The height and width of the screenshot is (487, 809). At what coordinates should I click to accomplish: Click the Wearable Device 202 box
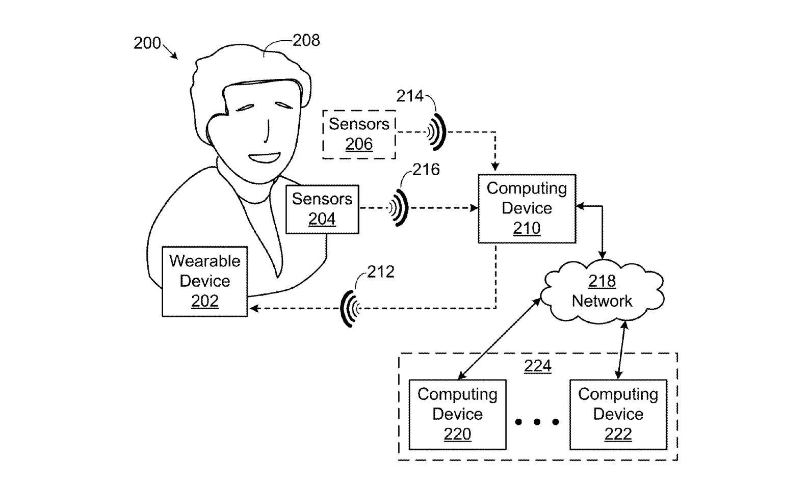tap(204, 281)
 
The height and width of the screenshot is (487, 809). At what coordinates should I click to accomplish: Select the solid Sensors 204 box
tap(322, 209)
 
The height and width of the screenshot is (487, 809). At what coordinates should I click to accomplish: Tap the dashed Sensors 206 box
tap(359, 134)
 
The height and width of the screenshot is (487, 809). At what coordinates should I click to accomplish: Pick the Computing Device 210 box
tap(527, 208)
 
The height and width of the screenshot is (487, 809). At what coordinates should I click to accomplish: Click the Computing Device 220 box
tap(457, 414)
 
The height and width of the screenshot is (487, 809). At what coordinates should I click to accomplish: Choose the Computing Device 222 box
tap(618, 414)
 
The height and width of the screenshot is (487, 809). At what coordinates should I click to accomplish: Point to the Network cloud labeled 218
tap(602, 291)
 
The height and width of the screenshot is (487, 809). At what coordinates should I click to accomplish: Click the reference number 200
tap(147, 43)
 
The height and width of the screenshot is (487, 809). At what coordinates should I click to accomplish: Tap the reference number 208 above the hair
tap(306, 40)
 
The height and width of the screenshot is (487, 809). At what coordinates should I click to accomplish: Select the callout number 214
tap(410, 96)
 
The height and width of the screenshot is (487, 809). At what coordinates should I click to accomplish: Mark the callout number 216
tap(426, 170)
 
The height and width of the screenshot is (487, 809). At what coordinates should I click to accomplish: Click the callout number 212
tap(381, 272)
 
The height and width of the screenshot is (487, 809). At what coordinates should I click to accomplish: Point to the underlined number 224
tap(538, 366)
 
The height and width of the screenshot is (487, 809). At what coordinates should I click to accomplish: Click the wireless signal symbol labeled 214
tap(436, 132)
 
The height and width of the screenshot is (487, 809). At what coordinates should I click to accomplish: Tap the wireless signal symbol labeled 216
tap(399, 207)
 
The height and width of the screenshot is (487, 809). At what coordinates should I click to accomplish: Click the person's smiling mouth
tap(264, 157)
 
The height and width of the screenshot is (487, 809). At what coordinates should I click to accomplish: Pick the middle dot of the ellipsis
tap(537, 422)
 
